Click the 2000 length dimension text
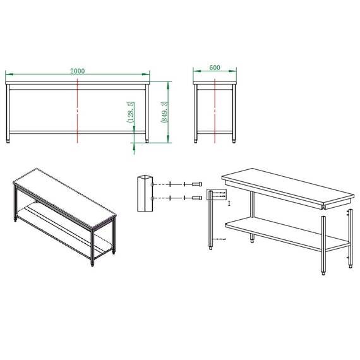click(x=78, y=71)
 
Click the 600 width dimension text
click(x=215, y=68)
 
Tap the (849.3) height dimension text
click(x=164, y=112)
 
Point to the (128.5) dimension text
click(x=130, y=112)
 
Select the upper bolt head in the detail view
click(x=197, y=184)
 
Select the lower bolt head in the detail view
click(x=197, y=198)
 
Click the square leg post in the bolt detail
click(x=145, y=193)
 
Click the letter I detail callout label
click(x=229, y=203)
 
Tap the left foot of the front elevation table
click(x=8, y=141)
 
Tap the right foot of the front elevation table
click(x=147, y=141)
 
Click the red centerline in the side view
click(x=215, y=111)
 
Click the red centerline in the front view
click(x=78, y=111)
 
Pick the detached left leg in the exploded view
click(x=210, y=220)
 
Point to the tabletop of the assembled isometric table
click(x=65, y=198)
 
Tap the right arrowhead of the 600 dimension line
click(x=233, y=71)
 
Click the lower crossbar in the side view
click(x=215, y=133)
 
